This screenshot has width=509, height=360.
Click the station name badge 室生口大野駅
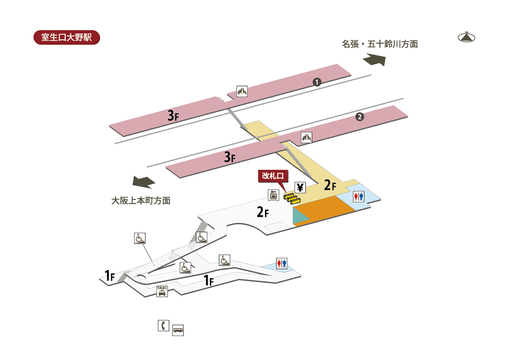67,37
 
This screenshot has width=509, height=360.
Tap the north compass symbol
466,37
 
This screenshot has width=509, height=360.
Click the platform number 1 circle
317,82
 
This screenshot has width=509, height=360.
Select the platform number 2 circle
360,117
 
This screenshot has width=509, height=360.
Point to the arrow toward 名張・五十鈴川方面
375,59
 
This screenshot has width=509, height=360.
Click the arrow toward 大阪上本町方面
144,182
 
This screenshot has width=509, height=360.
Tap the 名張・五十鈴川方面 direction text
380,44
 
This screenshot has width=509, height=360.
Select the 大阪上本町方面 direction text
141,200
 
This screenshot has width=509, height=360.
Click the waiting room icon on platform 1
242,91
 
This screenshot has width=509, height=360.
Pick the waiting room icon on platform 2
307,138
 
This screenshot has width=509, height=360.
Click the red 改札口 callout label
273,176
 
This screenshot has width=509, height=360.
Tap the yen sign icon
300,188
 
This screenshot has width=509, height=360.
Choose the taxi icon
162,291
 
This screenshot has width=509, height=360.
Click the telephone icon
164,326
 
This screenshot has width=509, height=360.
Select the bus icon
178,330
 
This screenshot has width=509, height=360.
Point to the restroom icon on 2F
358,197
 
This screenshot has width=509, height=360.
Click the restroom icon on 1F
282,264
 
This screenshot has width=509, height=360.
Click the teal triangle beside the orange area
299,216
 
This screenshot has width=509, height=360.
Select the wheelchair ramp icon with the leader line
140,238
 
